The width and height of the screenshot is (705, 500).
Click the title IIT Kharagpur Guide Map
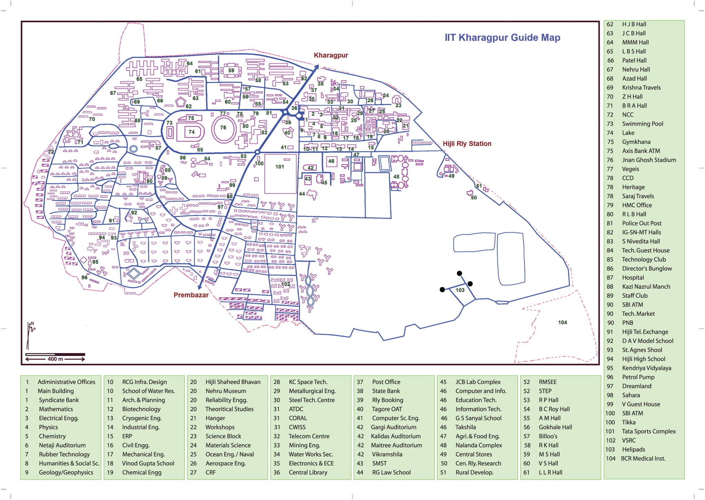point(502,38)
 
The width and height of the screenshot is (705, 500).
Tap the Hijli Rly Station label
point(467,144)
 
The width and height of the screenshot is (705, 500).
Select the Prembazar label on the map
point(191,295)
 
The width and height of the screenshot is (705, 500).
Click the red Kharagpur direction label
point(331,55)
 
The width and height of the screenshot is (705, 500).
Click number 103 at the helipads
point(460,290)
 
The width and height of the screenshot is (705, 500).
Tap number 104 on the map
point(562,322)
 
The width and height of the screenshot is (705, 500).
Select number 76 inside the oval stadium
point(223,128)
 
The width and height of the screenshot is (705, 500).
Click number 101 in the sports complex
point(280,167)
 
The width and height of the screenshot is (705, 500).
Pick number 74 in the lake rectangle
point(191,132)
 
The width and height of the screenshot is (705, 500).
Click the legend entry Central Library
point(308,472)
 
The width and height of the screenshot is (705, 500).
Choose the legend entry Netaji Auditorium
point(62,445)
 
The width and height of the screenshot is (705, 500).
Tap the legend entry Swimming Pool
point(642,124)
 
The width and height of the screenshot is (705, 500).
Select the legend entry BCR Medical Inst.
point(643,458)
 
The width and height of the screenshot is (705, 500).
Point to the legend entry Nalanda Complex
point(478,445)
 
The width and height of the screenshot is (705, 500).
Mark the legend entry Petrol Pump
point(638,377)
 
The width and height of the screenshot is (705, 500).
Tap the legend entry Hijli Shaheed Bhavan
point(233,382)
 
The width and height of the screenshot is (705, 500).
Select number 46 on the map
point(331,161)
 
